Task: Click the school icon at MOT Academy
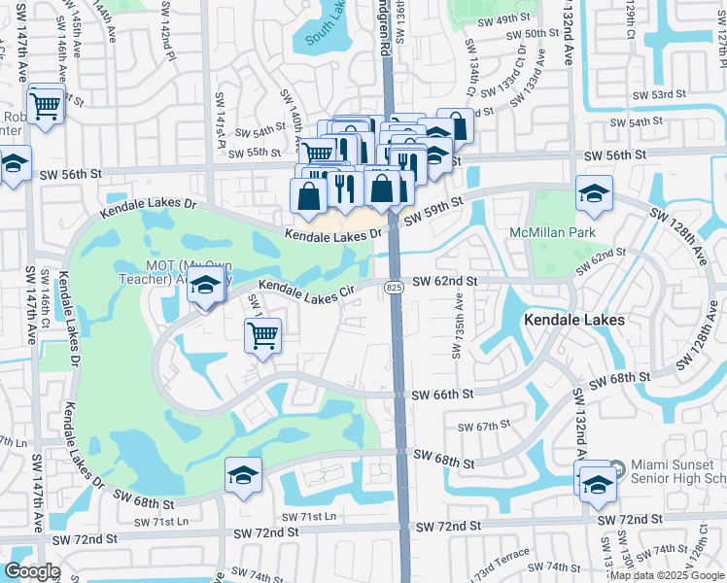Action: click(205, 286)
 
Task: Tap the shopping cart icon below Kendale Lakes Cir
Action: click(263, 336)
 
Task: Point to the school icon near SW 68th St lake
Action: click(243, 475)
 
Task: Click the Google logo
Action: click(32, 571)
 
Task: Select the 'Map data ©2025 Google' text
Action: click(667, 575)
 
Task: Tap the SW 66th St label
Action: click(442, 394)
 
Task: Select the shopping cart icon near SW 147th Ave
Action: click(46, 106)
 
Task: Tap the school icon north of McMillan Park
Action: click(593, 193)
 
